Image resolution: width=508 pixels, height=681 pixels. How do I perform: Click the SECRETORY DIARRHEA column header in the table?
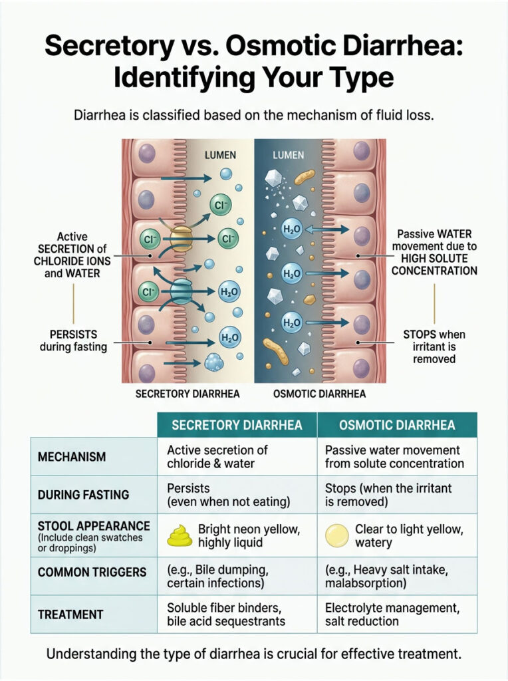point(237,425)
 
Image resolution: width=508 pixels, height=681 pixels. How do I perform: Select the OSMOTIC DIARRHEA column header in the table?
point(397,425)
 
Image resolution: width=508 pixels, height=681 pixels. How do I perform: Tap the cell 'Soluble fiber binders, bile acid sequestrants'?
point(226,614)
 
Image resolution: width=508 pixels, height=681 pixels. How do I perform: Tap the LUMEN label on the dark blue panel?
point(289,155)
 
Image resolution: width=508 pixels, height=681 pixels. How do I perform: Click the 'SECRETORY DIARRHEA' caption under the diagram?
point(188,394)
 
